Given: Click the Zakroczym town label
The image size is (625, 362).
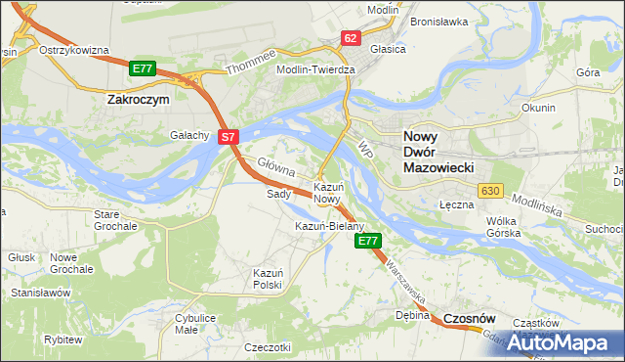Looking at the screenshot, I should (x=138, y=99).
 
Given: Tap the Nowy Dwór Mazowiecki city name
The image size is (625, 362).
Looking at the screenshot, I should (x=439, y=153).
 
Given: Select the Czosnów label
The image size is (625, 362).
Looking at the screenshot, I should (x=470, y=319).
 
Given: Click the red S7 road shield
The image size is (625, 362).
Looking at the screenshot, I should (x=228, y=138).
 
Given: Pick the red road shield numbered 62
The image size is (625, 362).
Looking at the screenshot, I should (x=352, y=38).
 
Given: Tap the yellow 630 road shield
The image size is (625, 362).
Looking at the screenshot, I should (x=490, y=190).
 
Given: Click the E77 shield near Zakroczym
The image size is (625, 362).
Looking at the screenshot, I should (x=143, y=68).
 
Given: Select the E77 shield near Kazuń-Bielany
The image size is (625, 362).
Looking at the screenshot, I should (x=368, y=241).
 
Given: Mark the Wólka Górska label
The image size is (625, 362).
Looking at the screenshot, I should (x=507, y=228).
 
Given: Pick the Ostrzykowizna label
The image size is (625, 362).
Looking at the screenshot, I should (x=73, y=50).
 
